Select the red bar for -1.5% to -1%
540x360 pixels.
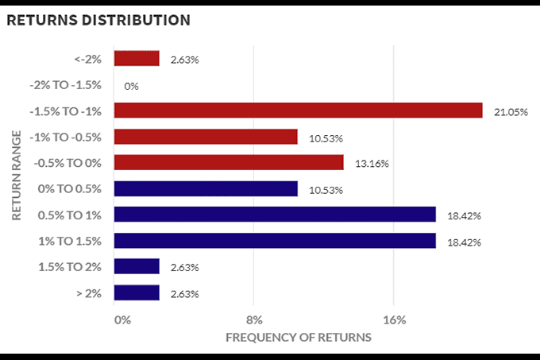click(x=298, y=110)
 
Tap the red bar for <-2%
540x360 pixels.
click(x=137, y=58)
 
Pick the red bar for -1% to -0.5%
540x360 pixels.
click(x=206, y=137)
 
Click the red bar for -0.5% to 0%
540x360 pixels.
click(x=229, y=162)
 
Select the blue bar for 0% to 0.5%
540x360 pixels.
click(x=206, y=188)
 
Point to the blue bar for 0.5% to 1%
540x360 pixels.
click(x=275, y=215)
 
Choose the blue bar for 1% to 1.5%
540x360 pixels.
click(x=275, y=241)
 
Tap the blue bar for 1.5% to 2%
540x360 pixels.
click(x=137, y=266)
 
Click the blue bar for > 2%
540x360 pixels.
click(x=137, y=292)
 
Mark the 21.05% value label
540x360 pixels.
click(x=511, y=112)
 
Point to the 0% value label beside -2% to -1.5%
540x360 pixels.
click(x=131, y=86)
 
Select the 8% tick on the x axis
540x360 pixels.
click(x=254, y=320)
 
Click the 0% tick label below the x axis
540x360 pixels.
click(x=122, y=320)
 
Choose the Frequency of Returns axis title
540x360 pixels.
click(x=298, y=338)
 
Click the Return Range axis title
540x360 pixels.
click(x=16, y=176)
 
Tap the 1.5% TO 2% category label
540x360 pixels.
click(x=70, y=266)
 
